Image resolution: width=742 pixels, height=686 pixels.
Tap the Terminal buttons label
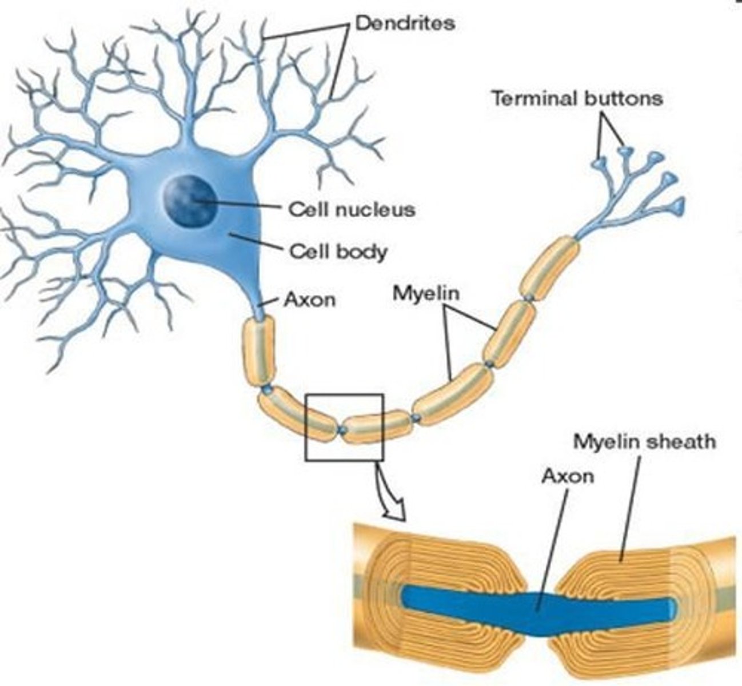(x=577, y=98)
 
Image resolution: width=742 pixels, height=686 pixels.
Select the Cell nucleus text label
(x=352, y=209)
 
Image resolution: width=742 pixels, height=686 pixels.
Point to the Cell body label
(x=338, y=251)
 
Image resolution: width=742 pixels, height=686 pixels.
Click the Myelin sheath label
(x=644, y=441)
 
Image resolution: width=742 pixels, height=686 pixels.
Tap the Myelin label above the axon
(x=426, y=294)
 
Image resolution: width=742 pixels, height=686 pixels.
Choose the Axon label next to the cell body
(x=309, y=300)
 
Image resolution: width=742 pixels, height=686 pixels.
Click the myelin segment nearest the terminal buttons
(x=549, y=268)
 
